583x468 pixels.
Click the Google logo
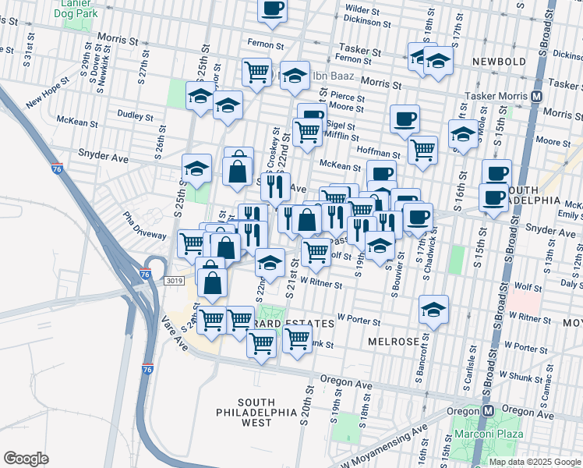(26, 459)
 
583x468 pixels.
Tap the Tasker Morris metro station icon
(536, 96)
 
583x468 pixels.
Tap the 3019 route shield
(174, 278)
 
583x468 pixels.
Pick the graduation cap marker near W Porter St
(433, 310)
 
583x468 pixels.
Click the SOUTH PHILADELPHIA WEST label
(256, 411)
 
